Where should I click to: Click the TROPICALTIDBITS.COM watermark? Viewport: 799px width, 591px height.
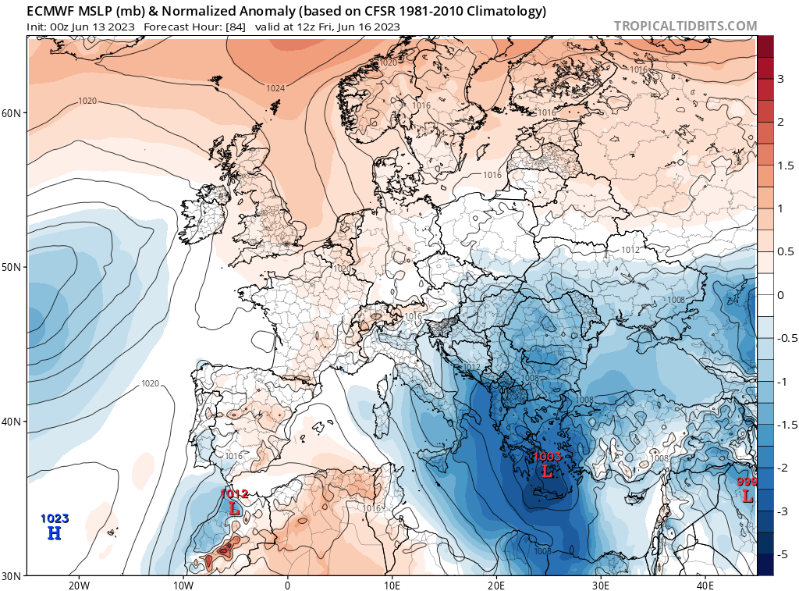point(685,26)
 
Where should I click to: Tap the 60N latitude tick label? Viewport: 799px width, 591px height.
point(12,113)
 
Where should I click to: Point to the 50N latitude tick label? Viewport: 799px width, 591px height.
point(12,267)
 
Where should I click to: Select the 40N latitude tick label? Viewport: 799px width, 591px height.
point(12,422)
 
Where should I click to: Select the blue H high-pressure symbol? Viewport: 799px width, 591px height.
point(54,533)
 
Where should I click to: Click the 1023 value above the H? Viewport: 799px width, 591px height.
point(54,518)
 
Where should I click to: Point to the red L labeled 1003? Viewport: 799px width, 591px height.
point(547,472)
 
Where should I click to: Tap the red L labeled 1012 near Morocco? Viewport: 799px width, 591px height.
point(234,508)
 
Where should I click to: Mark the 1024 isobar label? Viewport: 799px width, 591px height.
point(275,88)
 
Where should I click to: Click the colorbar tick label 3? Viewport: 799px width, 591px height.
point(780,80)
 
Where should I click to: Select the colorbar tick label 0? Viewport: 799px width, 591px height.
point(780,295)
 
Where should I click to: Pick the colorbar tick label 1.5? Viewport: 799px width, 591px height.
point(784,166)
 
